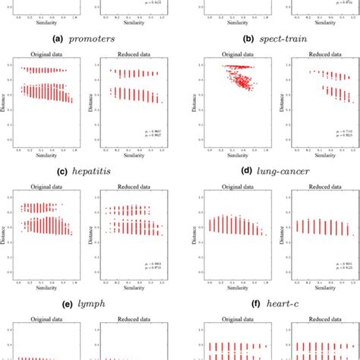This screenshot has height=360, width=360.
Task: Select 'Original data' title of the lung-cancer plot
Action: click(x=230, y=54)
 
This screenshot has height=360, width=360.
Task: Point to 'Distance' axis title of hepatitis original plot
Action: click(x=8, y=106)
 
